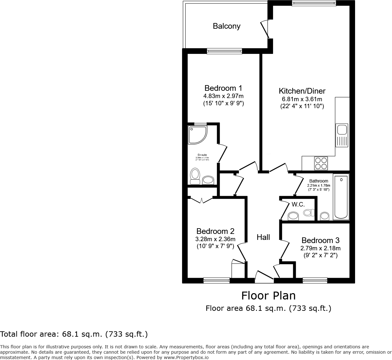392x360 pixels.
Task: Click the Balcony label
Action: click(x=226, y=26)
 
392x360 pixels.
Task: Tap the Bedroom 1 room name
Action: click(x=223, y=88)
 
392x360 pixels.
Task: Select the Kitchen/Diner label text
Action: click(x=302, y=91)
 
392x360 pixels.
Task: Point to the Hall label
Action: click(x=263, y=237)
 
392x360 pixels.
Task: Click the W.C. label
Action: click(x=298, y=205)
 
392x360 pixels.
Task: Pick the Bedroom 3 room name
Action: click(x=320, y=241)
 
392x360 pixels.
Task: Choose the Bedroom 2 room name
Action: click(x=215, y=231)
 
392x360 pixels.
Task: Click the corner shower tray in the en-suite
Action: click(x=197, y=135)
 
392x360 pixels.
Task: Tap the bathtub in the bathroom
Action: click(x=341, y=197)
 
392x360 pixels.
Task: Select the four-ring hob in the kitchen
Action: click(x=321, y=163)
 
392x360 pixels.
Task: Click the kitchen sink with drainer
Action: click(x=342, y=135)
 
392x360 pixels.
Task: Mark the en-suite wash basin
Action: click(x=208, y=180)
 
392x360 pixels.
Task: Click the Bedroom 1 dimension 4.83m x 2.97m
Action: click(x=223, y=96)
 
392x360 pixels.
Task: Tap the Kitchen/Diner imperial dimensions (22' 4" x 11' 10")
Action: click(x=302, y=107)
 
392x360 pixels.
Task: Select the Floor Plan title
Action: click(x=268, y=296)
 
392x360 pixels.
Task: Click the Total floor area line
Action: click(x=74, y=334)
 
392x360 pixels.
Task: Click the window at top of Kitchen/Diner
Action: click(x=314, y=4)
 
